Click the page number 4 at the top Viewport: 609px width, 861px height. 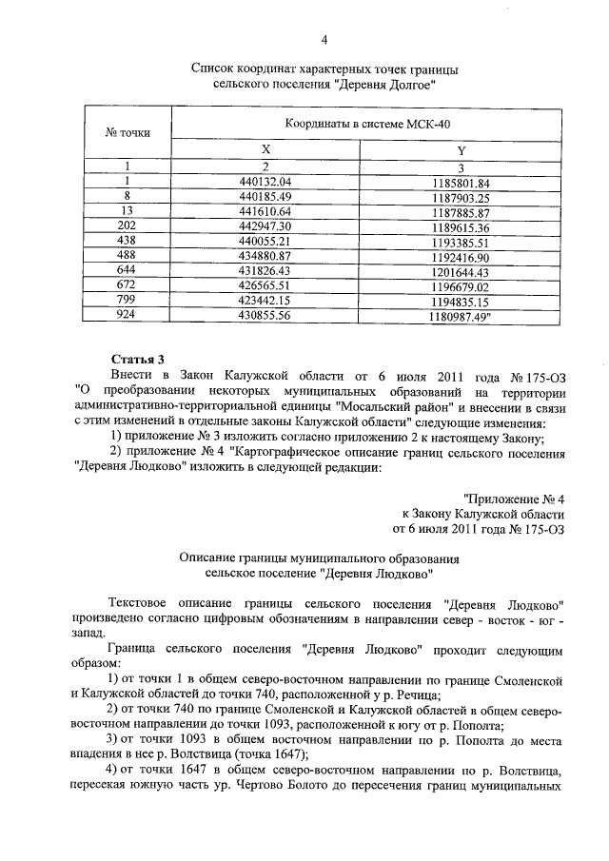[324, 39]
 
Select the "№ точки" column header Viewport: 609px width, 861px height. [127, 133]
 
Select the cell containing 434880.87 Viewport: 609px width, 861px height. [266, 258]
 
